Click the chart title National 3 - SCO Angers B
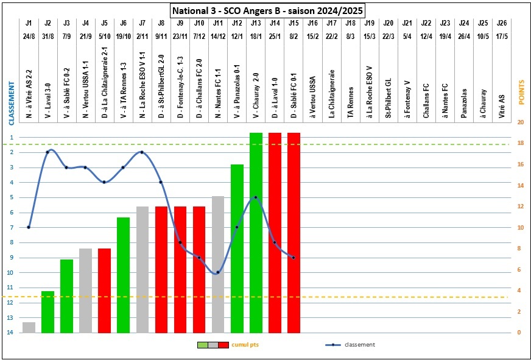point(267,10)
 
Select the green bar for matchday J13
point(256,231)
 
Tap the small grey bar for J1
point(29,327)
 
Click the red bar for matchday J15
point(294,231)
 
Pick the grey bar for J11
point(218,264)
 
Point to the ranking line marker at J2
point(47,152)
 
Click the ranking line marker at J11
point(218,272)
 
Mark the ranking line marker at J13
point(256,197)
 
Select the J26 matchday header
point(501,23)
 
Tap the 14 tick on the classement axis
point(10,333)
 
